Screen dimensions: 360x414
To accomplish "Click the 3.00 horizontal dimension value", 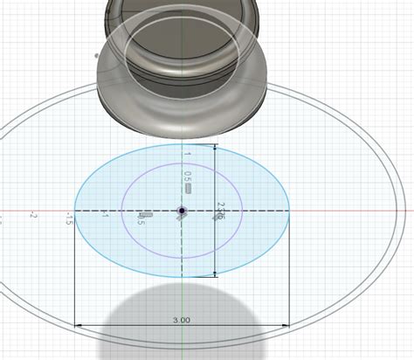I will (x=182, y=321).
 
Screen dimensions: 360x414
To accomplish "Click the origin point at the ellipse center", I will (x=181, y=211).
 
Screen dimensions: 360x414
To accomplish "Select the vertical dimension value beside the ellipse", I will (x=220, y=211).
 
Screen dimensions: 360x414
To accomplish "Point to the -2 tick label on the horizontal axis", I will (x=33, y=215).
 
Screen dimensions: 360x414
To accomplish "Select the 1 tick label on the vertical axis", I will (x=186, y=154).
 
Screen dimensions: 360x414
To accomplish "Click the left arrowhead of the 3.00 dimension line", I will (x=79, y=327).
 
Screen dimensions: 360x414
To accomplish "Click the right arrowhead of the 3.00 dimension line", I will (x=286, y=327).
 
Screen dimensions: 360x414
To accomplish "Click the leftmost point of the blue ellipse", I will (x=74, y=211).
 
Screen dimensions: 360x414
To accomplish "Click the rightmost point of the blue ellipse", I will (x=290, y=211).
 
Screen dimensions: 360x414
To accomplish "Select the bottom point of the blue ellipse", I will (x=181, y=277).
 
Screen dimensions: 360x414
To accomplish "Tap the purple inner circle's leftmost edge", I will (x=121, y=211).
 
